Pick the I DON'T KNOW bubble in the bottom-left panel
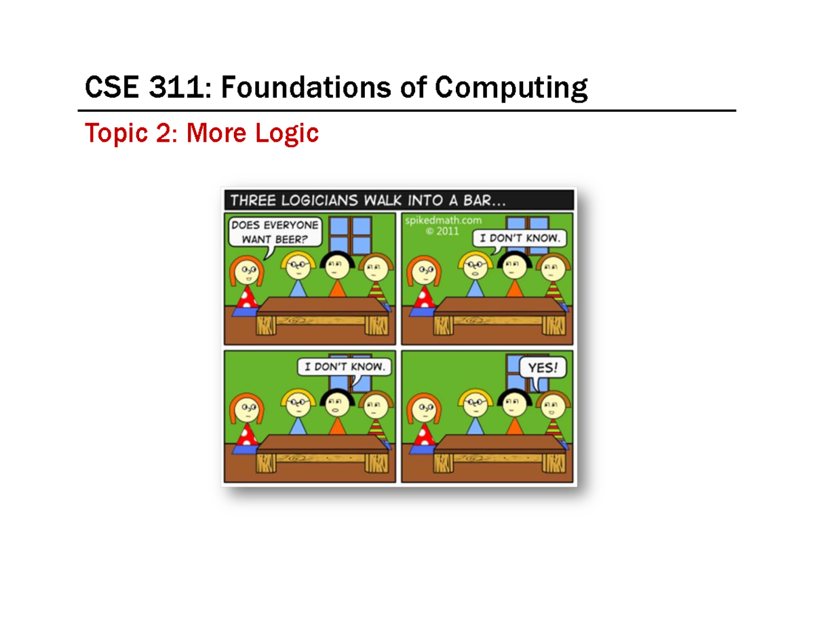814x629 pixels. point(345,367)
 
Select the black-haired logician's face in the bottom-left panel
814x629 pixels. point(334,406)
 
